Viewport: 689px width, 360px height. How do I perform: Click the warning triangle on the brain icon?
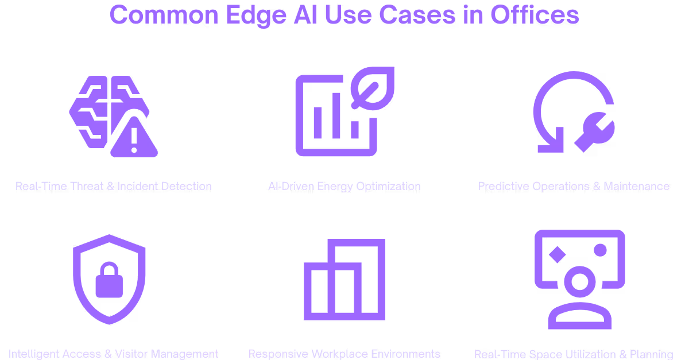click(134, 140)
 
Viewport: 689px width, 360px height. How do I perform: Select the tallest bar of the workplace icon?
click(365, 278)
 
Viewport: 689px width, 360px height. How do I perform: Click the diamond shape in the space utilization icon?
click(556, 255)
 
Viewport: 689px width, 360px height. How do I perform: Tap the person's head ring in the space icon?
click(579, 282)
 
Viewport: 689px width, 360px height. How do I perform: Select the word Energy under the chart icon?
click(334, 186)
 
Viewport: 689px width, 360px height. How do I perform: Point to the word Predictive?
click(503, 186)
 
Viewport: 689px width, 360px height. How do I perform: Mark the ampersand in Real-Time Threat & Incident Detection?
click(110, 186)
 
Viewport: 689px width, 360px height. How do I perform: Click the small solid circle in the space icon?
click(600, 250)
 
